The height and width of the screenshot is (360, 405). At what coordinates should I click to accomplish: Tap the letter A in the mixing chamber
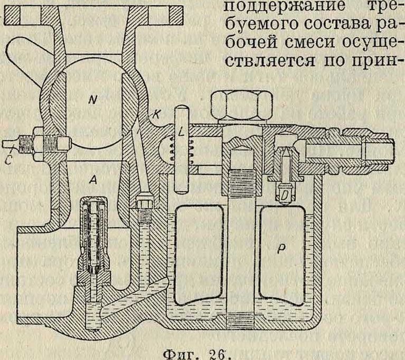[92, 180]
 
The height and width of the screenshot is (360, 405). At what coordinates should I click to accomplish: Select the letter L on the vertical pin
[182, 134]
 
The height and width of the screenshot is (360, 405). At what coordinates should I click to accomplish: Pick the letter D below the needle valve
[285, 197]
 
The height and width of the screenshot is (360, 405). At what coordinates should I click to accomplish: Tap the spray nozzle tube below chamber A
[92, 233]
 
